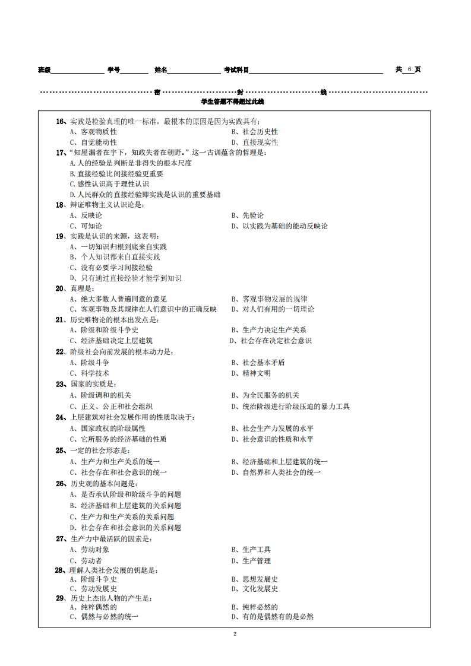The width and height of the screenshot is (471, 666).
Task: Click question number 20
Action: [x=60, y=288]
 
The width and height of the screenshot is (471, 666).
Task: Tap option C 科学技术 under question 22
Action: [x=89, y=373]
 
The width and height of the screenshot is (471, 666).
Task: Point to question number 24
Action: [x=60, y=417]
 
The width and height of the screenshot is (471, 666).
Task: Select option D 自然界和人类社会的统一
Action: [x=276, y=472]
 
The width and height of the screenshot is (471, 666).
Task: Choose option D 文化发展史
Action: [x=254, y=589]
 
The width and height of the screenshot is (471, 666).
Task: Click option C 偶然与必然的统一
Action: [x=104, y=617]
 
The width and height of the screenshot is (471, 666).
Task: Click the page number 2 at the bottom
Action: [x=235, y=634]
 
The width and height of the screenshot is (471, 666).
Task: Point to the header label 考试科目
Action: [x=236, y=70]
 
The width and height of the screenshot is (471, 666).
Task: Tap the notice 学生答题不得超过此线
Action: [x=232, y=102]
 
